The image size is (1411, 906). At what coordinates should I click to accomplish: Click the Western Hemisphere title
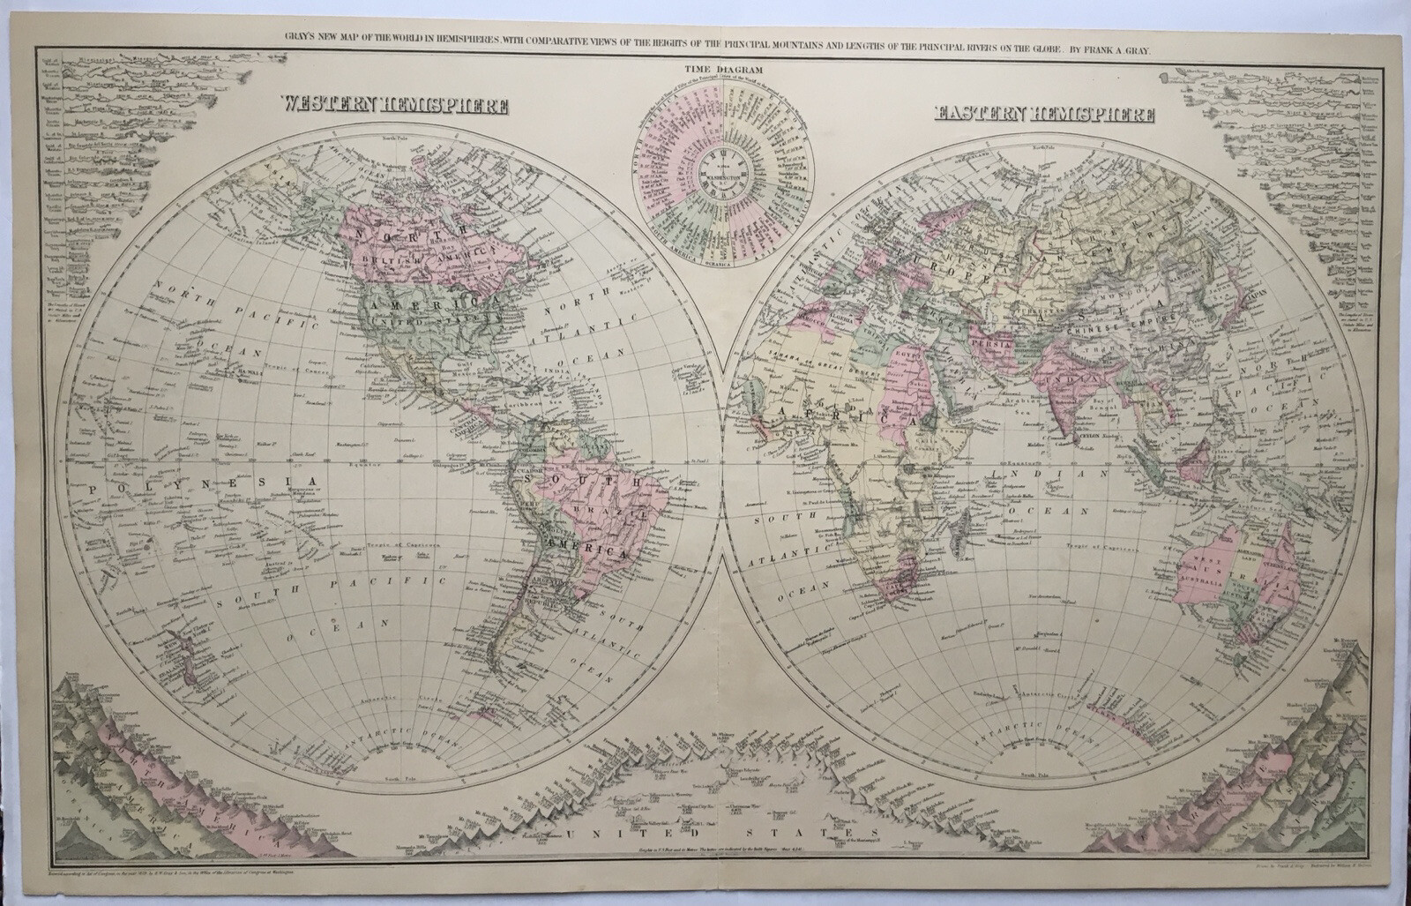point(394,105)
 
